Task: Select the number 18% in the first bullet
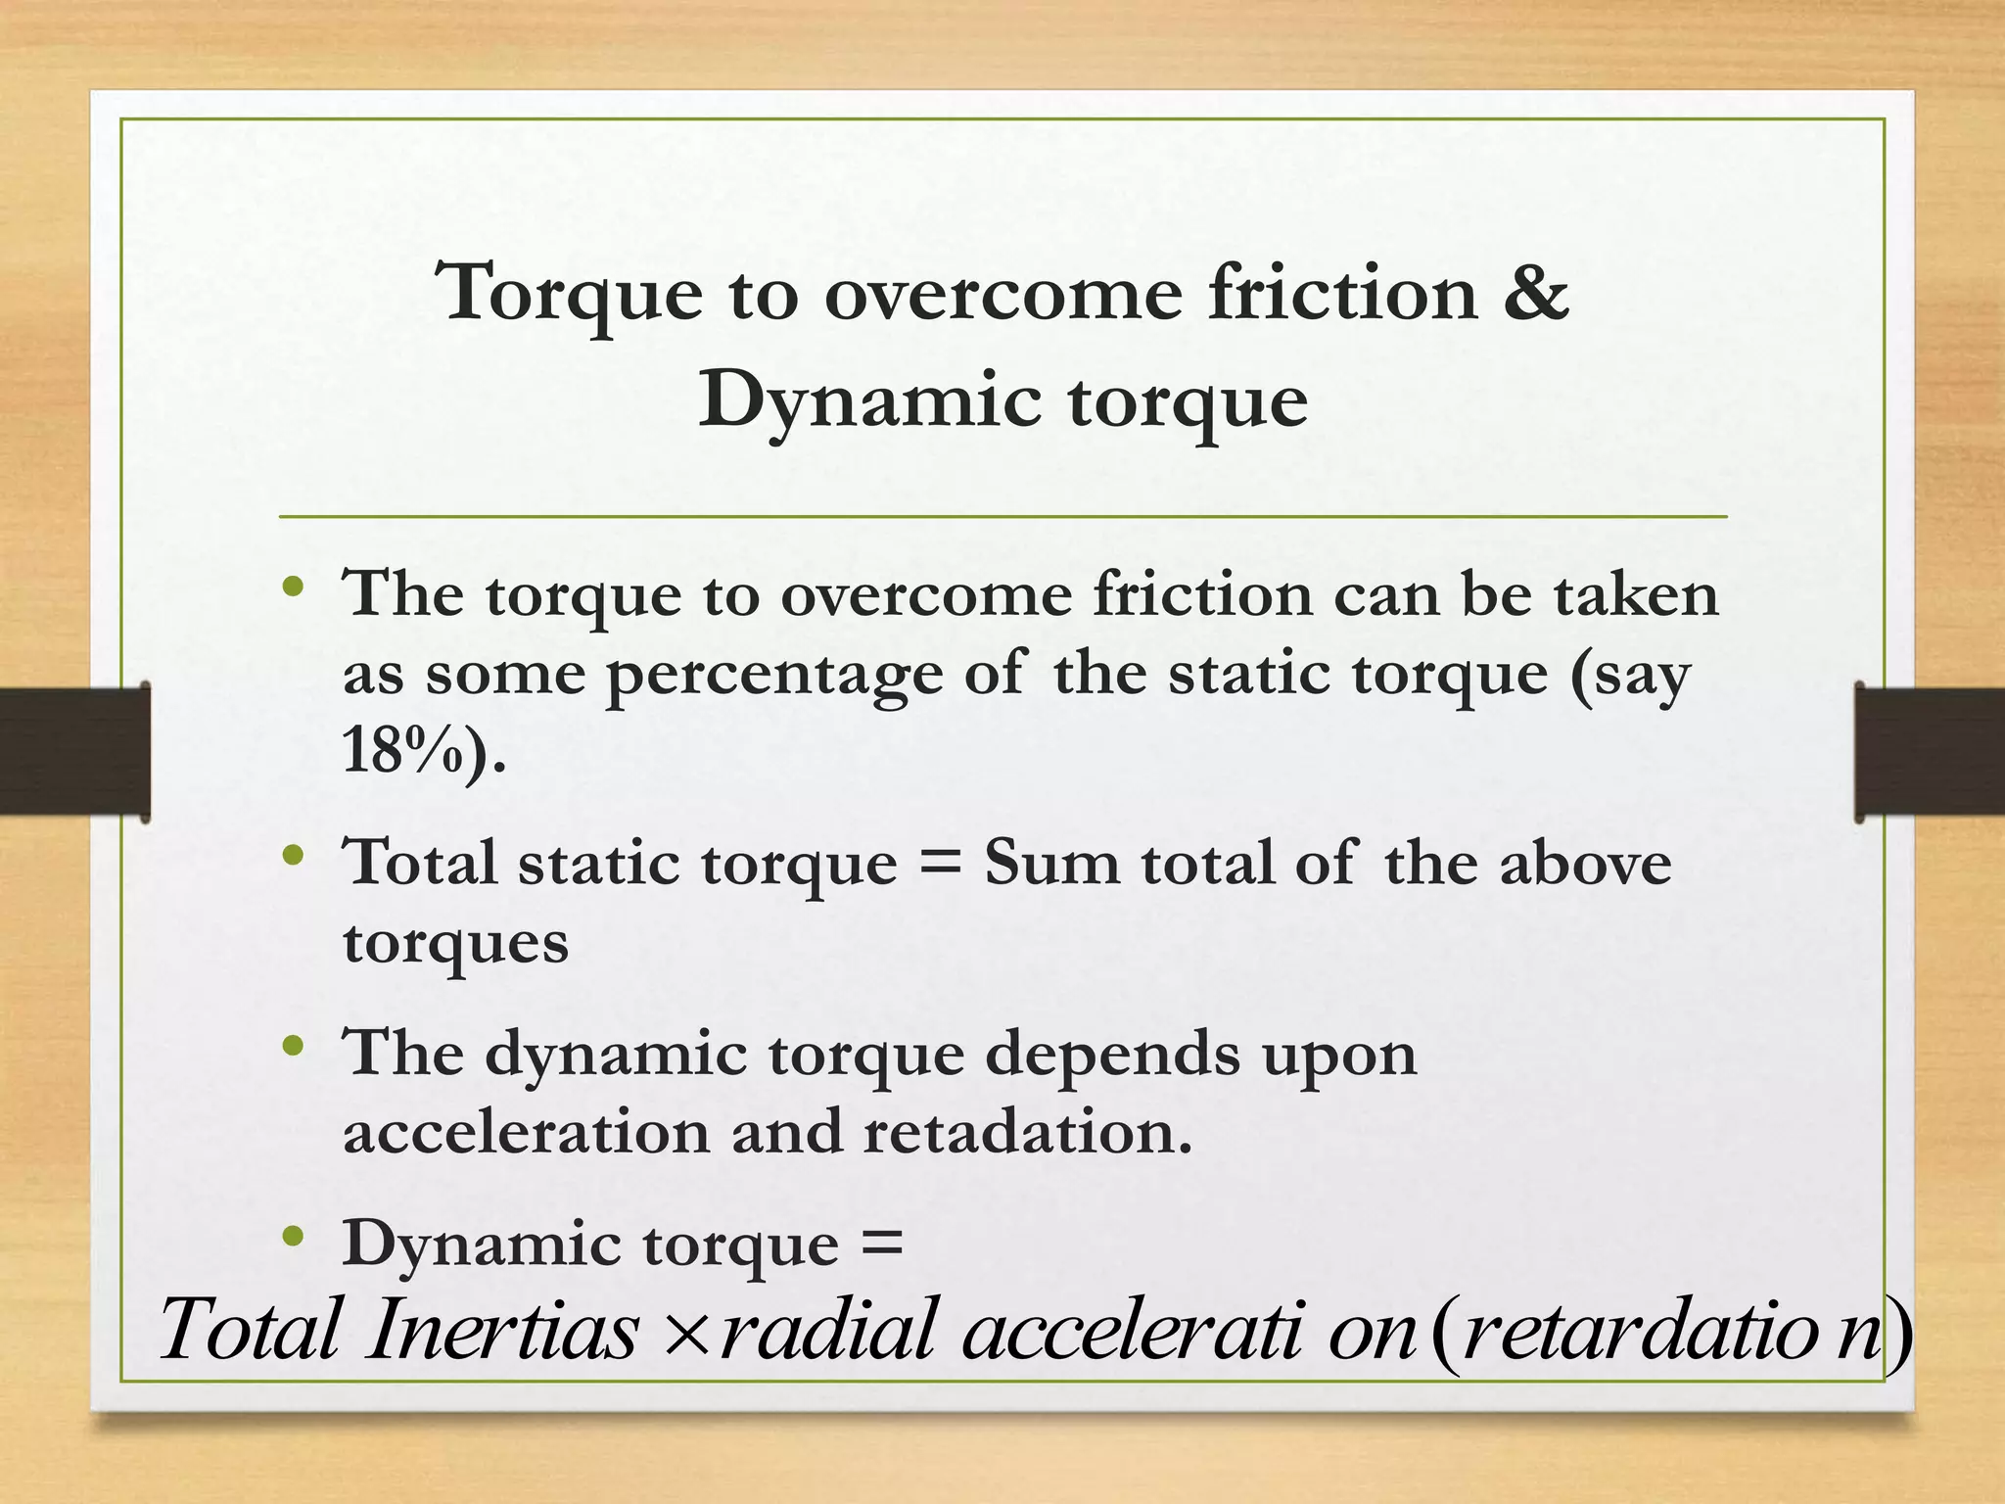pyautogui.click(x=401, y=752)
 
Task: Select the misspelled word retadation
pyautogui.click(x=1027, y=1132)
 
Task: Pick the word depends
pyautogui.click(x=1111, y=1055)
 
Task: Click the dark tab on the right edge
pyautogui.click(x=1929, y=751)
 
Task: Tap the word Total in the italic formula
pyautogui.click(x=251, y=1330)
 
